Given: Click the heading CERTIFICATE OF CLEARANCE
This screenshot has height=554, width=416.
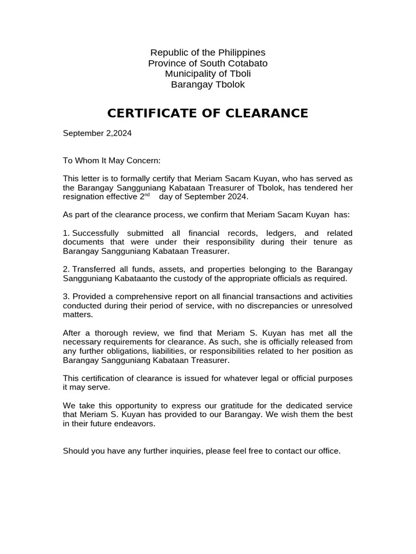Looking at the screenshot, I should [x=207, y=113].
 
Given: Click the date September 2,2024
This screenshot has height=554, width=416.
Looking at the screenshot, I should [x=97, y=133].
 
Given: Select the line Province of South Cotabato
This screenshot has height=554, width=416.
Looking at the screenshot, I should [x=207, y=63].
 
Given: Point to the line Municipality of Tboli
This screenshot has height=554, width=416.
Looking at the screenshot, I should [x=207, y=74].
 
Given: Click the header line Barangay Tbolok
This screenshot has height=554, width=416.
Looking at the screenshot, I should [x=207, y=84].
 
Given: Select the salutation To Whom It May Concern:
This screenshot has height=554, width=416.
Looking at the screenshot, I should [x=112, y=161].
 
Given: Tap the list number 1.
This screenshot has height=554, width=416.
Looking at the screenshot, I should [x=66, y=233].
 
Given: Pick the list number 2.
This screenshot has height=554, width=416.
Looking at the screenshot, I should [x=66, y=269].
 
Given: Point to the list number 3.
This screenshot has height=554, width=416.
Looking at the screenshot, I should [x=66, y=296].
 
